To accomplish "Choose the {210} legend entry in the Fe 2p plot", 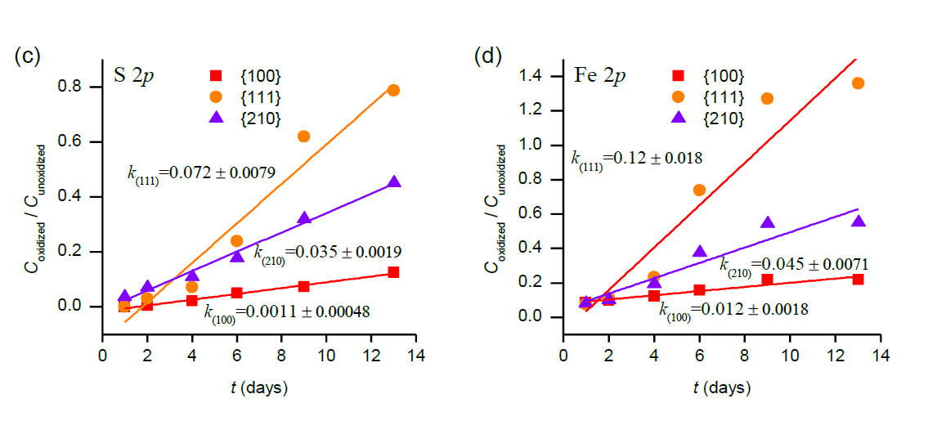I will tap(709, 119).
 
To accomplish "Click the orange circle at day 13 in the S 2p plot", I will tap(393, 90).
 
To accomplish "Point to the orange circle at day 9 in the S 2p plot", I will tap(303, 137).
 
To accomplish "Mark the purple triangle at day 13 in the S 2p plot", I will tap(393, 182).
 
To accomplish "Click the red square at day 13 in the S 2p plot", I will tap(393, 272).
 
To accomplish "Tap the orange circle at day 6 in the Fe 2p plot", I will tap(699, 190).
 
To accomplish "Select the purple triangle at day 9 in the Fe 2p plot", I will tap(767, 223).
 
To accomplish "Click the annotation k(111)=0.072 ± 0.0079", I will tap(200, 172).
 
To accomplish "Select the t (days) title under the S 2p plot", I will tap(258, 387).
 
